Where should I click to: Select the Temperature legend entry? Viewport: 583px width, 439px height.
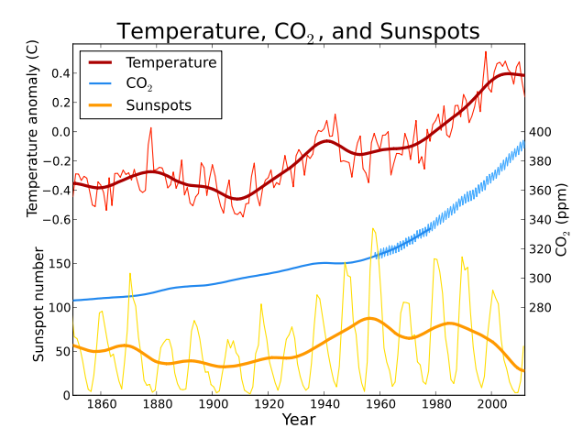(170, 63)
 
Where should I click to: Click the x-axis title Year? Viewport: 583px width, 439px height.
(298, 420)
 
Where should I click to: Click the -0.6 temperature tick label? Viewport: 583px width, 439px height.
(54, 220)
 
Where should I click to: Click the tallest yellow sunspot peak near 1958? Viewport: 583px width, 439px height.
(372, 228)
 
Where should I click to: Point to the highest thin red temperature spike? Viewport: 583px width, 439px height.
(486, 51)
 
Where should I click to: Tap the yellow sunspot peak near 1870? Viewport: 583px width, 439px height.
(129, 273)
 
